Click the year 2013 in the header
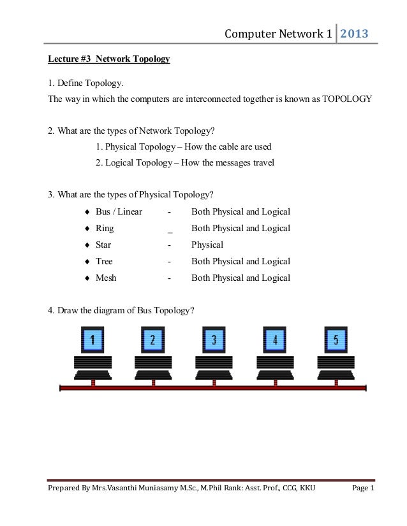[x=354, y=33]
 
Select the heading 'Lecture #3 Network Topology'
[x=109, y=59]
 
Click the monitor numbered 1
[x=93, y=339]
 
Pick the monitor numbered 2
[x=153, y=339]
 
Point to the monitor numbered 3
[x=214, y=339]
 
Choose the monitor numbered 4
[x=275, y=339]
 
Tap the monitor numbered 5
[x=336, y=339]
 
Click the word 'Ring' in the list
[x=105, y=228]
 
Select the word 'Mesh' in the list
[x=106, y=278]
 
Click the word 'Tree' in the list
[x=104, y=261]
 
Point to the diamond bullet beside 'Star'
[x=86, y=245]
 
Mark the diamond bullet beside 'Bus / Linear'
[x=86, y=212]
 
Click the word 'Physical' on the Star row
[x=207, y=245]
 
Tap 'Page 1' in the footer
[x=363, y=488]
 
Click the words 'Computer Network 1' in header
[x=278, y=34]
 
